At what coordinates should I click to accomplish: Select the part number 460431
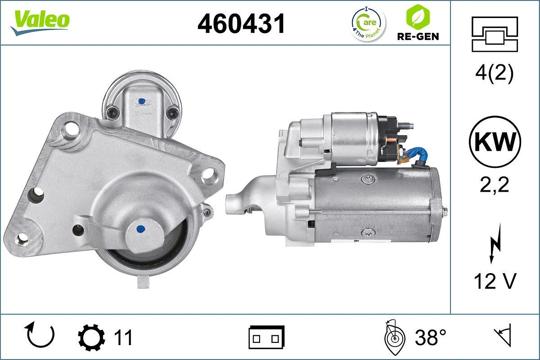[242, 23]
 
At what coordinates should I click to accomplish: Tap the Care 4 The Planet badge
[368, 23]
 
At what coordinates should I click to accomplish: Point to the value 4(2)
[494, 74]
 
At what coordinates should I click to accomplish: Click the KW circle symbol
[495, 142]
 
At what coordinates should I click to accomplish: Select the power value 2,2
[494, 184]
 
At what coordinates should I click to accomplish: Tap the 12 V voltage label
[495, 282]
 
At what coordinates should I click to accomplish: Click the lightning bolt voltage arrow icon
[495, 245]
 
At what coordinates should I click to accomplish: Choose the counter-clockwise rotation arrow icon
[40, 335]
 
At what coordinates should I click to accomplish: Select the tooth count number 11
[123, 337]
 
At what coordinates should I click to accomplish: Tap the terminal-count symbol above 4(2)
[494, 35]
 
